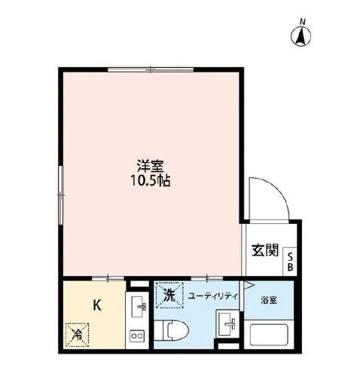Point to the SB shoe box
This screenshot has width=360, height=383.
point(291,260)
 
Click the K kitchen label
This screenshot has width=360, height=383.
point(96,305)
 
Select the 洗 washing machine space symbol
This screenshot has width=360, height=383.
point(169,296)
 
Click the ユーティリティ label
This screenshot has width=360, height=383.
point(212,296)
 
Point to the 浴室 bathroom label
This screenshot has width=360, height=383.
point(269,300)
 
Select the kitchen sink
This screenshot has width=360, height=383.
point(138,308)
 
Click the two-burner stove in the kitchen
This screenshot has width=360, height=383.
point(138,336)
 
